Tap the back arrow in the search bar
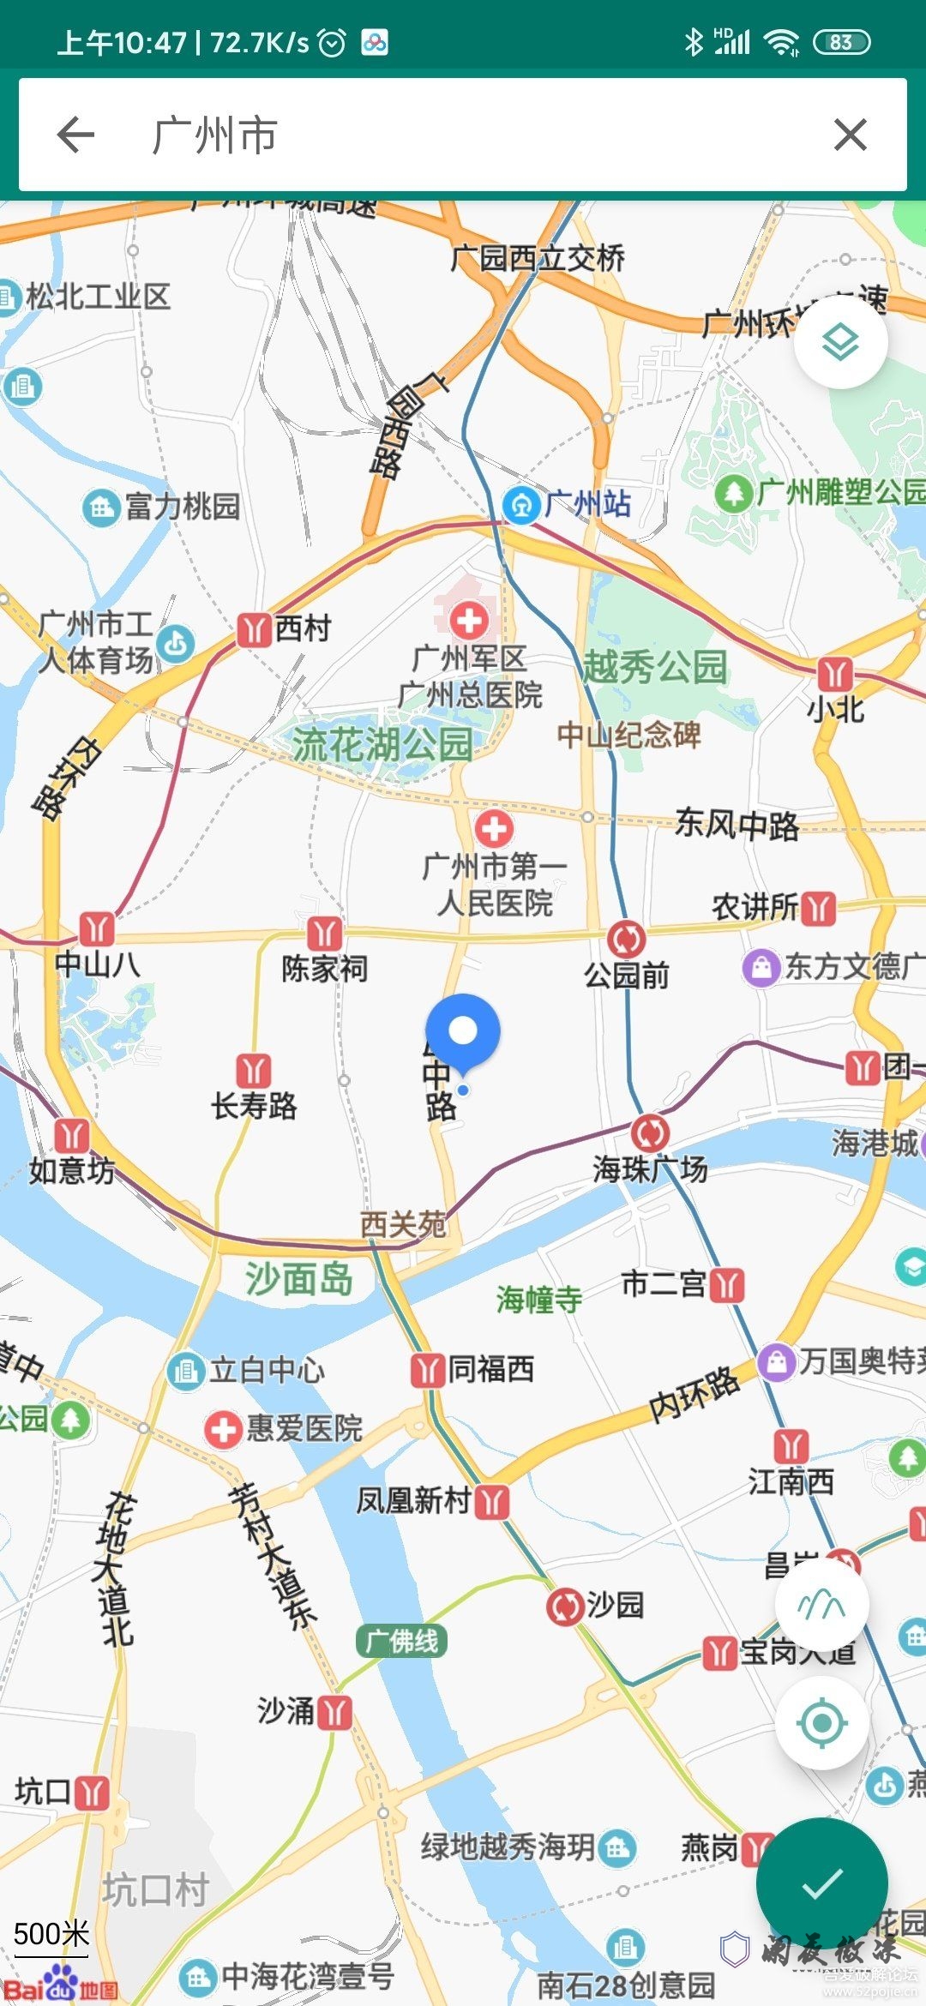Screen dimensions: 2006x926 pyautogui.click(x=75, y=135)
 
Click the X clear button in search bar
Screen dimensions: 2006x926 pyautogui.click(x=850, y=135)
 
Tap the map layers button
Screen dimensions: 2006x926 pyautogui.click(x=840, y=343)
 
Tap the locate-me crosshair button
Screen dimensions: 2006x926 pyautogui.click(x=821, y=1722)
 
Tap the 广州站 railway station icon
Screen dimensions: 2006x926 pyautogui.click(x=520, y=504)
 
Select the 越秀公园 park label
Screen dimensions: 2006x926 pyautogui.click(x=655, y=667)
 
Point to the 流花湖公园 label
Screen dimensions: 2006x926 pyautogui.click(x=382, y=744)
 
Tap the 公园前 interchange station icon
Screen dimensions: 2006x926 pyautogui.click(x=627, y=939)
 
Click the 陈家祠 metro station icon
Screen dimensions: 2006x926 pyautogui.click(x=324, y=933)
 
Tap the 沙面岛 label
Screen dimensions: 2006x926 pyautogui.click(x=298, y=1279)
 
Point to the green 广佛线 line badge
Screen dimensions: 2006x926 pyautogui.click(x=401, y=1641)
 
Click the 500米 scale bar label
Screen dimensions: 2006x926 pyautogui.click(x=51, y=1934)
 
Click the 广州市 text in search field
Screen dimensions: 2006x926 pyautogui.click(x=214, y=135)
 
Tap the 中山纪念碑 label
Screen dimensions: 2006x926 pyautogui.click(x=628, y=735)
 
